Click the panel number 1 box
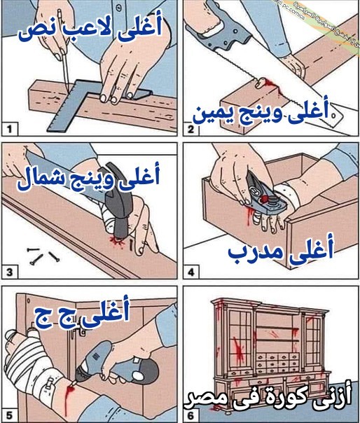11,130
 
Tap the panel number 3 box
11,271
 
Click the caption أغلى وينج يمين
263,113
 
